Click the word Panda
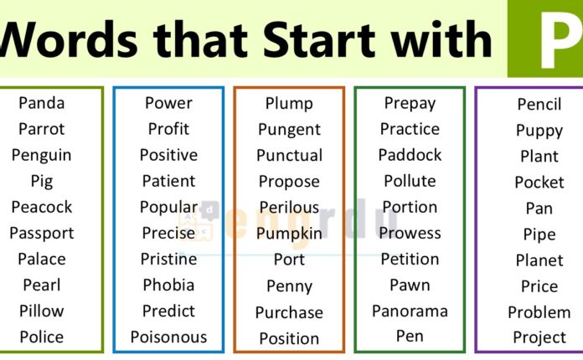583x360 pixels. (x=41, y=103)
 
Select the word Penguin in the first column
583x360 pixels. (x=41, y=155)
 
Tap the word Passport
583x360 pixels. (x=41, y=233)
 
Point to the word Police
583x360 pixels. (x=41, y=337)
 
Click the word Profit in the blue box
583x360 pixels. (x=168, y=129)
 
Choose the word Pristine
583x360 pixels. (x=168, y=259)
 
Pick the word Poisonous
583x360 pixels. (x=168, y=337)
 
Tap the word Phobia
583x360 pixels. (x=168, y=285)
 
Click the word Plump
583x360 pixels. (x=289, y=104)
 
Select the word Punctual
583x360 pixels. (x=289, y=156)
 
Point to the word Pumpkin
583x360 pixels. (x=289, y=234)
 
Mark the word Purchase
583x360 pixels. (x=289, y=312)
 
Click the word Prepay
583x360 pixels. (x=410, y=103)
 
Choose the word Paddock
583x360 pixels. (x=410, y=155)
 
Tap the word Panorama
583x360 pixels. (x=410, y=311)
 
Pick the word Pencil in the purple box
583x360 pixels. (x=539, y=105)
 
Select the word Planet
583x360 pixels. (x=539, y=260)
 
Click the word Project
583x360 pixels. (x=539, y=337)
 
